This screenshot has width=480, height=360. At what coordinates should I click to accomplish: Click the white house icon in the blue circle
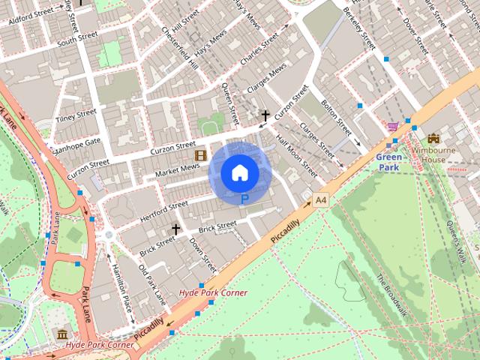[x=239, y=173]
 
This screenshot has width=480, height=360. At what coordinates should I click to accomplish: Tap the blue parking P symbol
[x=244, y=199]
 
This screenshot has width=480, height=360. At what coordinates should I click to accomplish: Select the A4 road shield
[x=321, y=199]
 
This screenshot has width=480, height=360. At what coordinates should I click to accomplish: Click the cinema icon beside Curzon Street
[x=200, y=155]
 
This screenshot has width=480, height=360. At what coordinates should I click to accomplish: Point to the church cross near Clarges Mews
[x=265, y=115]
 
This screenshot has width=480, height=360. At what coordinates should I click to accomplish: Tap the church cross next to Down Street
[x=176, y=228]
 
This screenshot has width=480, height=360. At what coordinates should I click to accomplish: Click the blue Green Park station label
[x=388, y=162]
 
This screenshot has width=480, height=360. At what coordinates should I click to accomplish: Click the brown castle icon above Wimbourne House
[x=433, y=139]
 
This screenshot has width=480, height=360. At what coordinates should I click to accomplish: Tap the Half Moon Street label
[x=297, y=157]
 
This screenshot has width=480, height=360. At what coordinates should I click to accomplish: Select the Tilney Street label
[x=76, y=118]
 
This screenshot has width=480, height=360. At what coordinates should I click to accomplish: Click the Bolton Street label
[x=336, y=112]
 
